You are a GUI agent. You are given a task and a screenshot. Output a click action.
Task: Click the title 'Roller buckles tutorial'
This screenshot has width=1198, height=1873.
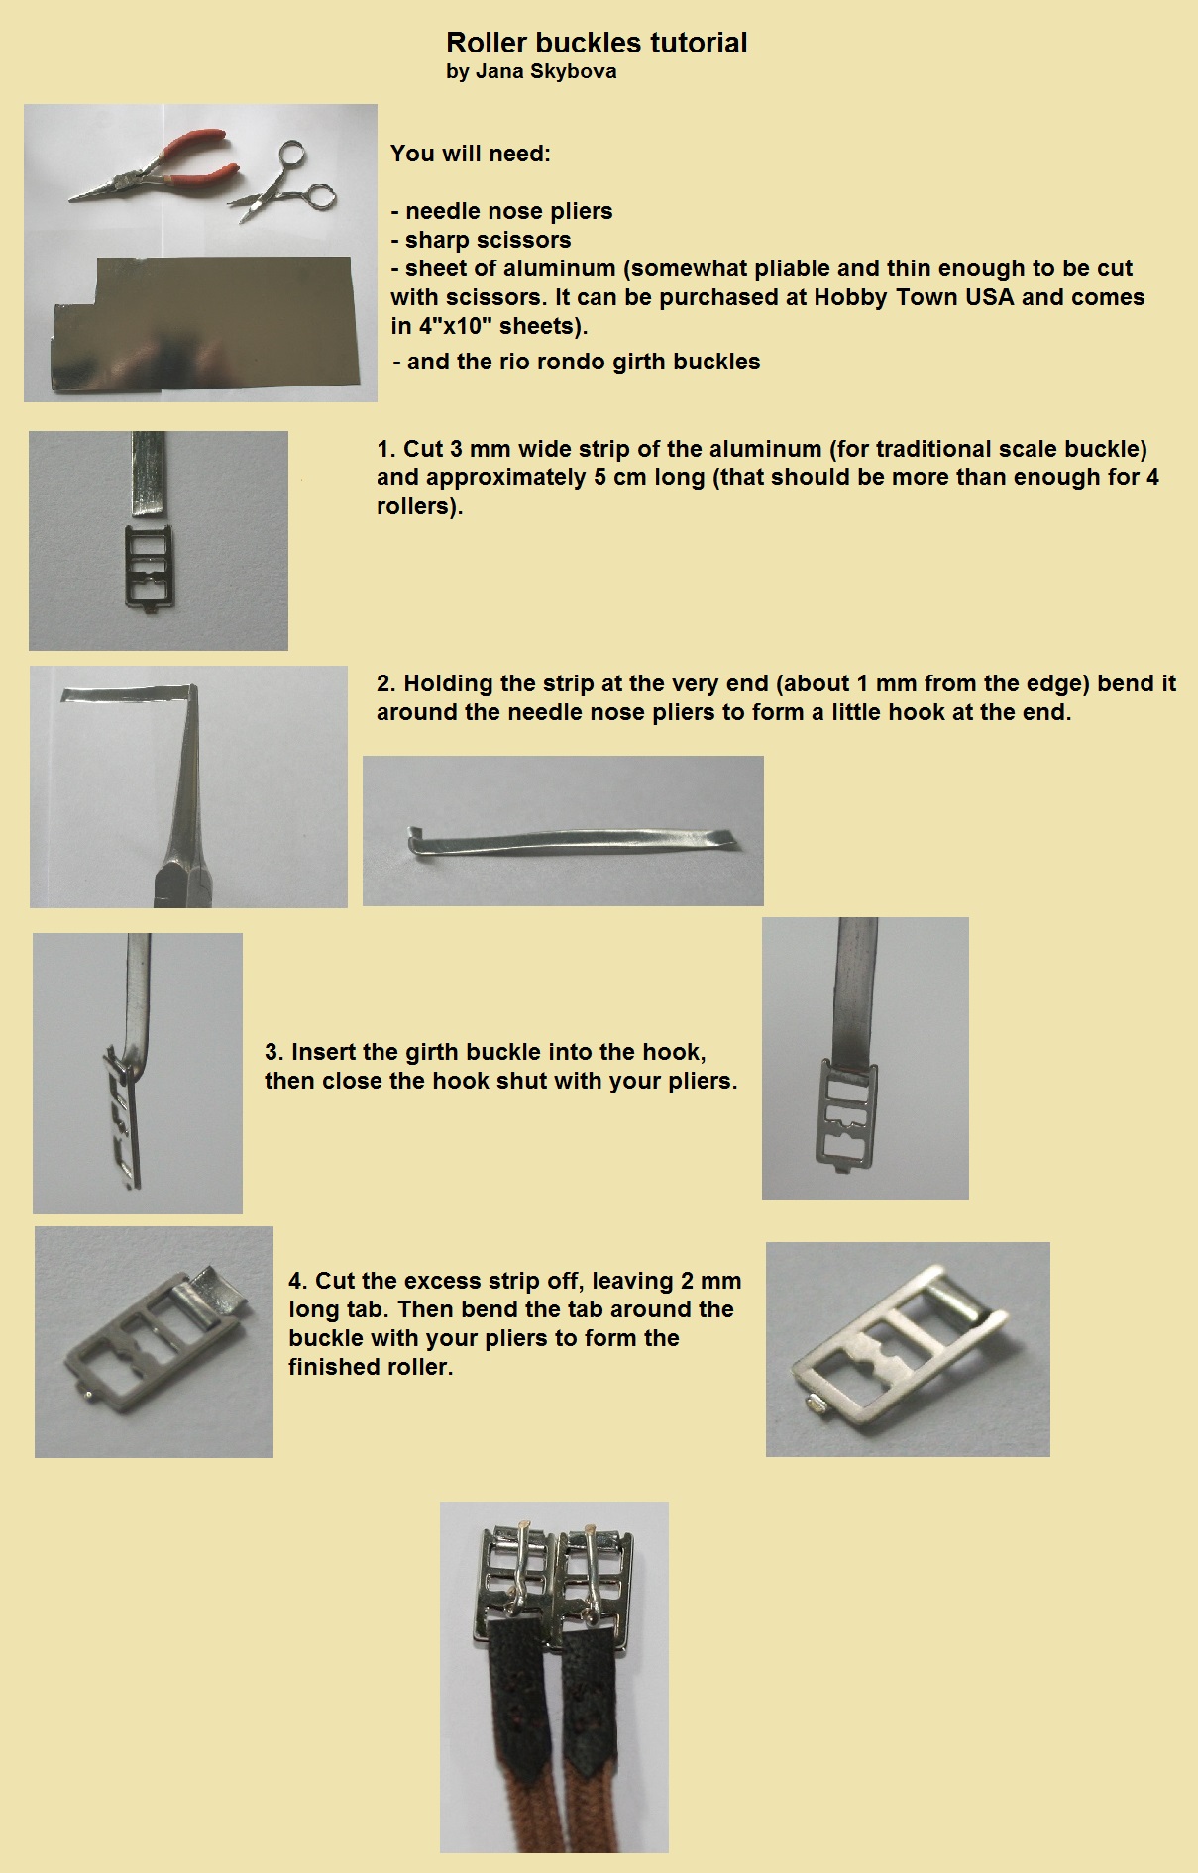pos(597,43)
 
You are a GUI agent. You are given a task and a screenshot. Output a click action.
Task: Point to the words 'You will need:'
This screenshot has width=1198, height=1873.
pos(471,154)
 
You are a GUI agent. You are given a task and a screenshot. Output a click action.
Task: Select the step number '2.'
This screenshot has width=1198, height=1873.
pos(386,683)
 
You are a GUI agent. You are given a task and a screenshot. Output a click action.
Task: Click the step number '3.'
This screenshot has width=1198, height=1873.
pos(274,1052)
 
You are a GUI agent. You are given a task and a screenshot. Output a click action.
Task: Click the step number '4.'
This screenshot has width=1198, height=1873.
pos(298,1281)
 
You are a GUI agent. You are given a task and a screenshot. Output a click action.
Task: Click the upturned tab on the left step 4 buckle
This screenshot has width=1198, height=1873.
pos(217,1288)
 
